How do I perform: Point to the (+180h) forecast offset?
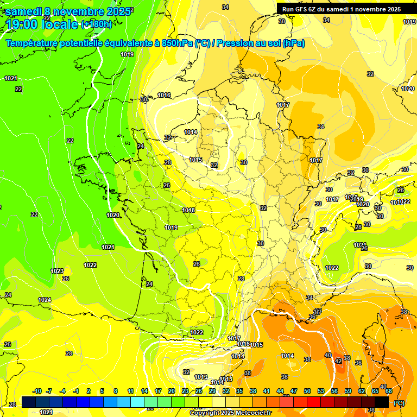coord(96,24)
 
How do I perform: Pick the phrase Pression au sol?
coord(248,43)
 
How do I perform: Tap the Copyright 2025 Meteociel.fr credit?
coord(230,413)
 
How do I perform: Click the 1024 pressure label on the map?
coord(45,300)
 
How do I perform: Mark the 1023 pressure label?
coord(57,271)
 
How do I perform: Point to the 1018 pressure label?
coord(188,210)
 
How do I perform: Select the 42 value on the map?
coord(338,361)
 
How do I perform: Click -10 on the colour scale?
coord(37,391)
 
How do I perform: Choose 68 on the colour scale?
coord(389,391)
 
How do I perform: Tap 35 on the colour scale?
coord(239,391)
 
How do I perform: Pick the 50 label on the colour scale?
coord(307,391)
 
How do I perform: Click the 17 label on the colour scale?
coord(157,391)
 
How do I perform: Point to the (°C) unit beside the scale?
coord(399,402)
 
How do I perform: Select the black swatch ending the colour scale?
coord(382,402)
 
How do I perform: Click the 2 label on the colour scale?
coord(89,391)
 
